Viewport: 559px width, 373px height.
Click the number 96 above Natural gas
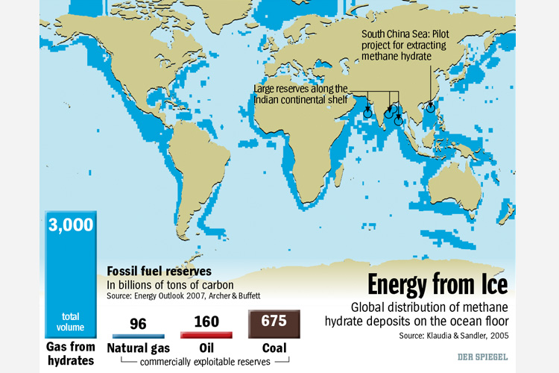click(x=139, y=323)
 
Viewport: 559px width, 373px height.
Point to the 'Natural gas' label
click(x=139, y=348)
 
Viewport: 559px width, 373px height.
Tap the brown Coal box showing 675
click(x=274, y=324)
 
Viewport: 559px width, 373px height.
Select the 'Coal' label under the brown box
click(x=274, y=348)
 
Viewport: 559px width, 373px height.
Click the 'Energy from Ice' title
click(x=438, y=285)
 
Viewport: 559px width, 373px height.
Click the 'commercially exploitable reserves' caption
click(x=204, y=361)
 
